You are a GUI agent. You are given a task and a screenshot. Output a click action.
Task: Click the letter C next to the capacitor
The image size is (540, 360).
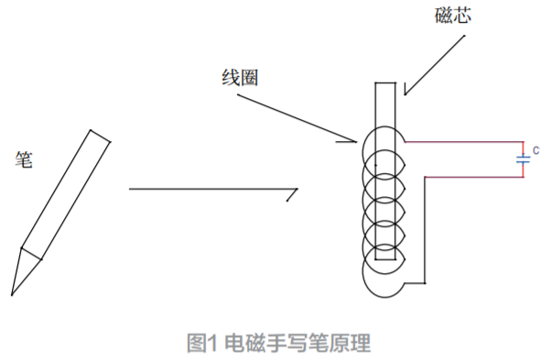tap(536, 148)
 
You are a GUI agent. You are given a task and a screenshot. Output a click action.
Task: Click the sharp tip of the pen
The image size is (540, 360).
tap(12, 294)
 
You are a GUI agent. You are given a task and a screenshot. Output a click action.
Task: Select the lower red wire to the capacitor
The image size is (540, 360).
tap(471, 176)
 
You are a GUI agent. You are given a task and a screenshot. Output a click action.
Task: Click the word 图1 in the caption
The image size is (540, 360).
tap(200, 344)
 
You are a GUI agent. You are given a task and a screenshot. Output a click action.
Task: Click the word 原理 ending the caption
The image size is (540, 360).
tap(351, 344)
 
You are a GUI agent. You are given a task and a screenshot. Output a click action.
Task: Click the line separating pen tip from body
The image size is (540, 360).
tap(32, 252)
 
